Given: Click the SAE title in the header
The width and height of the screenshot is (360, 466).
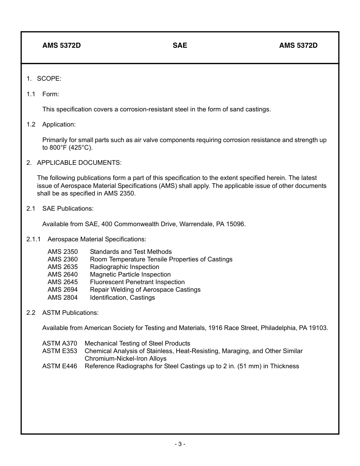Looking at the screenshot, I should pos(180,45).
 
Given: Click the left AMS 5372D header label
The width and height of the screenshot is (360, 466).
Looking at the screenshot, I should pos(61,45).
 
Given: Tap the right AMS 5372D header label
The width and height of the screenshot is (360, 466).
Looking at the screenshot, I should pos(298,45).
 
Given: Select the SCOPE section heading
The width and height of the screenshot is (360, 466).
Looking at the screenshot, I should pos(49,78).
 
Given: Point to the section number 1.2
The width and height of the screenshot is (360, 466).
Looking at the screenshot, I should pos(31,124).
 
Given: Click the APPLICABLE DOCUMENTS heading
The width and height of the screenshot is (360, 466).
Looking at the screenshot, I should pos(79,163).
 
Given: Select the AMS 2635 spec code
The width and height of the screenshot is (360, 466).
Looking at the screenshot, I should pos(63,267).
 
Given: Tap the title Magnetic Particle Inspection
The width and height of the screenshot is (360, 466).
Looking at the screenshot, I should pos(130,274).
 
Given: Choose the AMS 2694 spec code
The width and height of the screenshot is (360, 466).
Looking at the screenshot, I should pos(63,289).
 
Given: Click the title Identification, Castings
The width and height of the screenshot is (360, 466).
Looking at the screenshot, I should pos(122,297).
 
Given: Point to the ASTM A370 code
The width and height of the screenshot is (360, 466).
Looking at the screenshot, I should pos(59,343).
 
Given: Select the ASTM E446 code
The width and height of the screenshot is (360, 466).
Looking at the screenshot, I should pos(59,366).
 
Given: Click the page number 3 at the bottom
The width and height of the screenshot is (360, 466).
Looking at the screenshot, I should pos(180,444).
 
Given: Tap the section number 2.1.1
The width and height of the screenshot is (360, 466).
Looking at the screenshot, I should pos(33,239).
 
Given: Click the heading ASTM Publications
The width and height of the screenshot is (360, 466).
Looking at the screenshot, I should pos(70,313).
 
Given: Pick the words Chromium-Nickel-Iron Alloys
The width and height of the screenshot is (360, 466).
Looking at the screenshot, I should pos(125,358).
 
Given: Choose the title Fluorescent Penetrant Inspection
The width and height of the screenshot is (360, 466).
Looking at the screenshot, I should pos(137,282).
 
